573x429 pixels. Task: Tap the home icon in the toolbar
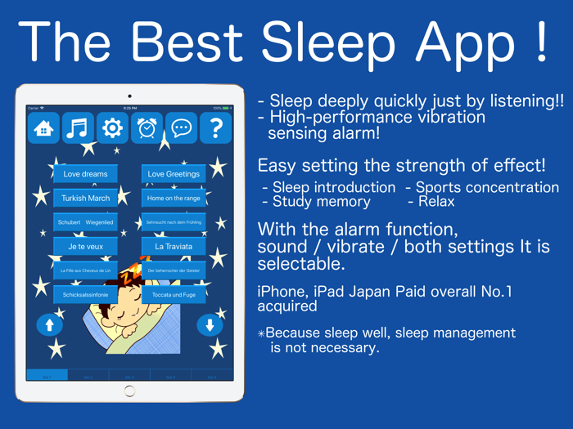pyautogui.click(x=43, y=128)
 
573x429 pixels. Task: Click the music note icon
pyautogui.click(x=78, y=128)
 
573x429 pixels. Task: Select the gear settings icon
pyautogui.click(x=112, y=128)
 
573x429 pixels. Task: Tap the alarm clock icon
pyautogui.click(x=147, y=128)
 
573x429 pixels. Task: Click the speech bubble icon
pyautogui.click(x=181, y=128)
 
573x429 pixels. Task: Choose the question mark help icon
pyautogui.click(x=215, y=128)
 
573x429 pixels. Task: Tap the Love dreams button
pyautogui.click(x=85, y=174)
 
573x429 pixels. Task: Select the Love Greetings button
pyautogui.click(x=174, y=174)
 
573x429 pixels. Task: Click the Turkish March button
pyautogui.click(x=85, y=198)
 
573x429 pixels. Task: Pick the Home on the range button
pyautogui.click(x=174, y=198)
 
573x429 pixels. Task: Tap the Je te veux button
pyautogui.click(x=85, y=246)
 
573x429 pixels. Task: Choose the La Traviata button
pyautogui.click(x=174, y=246)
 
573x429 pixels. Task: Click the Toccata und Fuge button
pyautogui.click(x=174, y=294)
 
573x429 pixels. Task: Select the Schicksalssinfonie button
pyautogui.click(x=85, y=294)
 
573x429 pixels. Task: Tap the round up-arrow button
pyautogui.click(x=50, y=325)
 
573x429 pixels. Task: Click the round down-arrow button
pyautogui.click(x=210, y=325)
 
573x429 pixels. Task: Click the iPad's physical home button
pyautogui.click(x=129, y=391)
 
